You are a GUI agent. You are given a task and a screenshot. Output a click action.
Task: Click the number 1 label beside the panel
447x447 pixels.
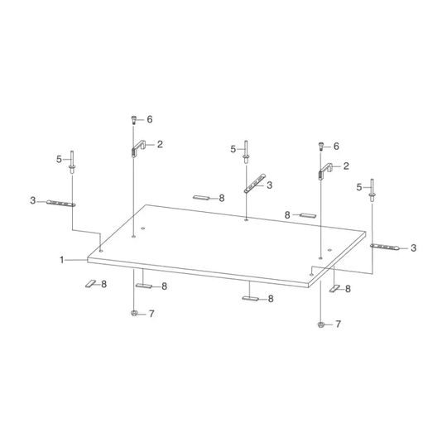coord(61,260)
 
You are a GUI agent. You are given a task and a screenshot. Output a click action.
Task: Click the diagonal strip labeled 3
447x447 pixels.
coord(255,183)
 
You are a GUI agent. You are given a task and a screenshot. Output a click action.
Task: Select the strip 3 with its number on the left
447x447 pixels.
coord(61,203)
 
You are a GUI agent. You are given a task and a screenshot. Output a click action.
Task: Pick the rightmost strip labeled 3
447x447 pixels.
coord(385,247)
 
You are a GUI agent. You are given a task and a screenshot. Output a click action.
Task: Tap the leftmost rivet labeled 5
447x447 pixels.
coord(71,162)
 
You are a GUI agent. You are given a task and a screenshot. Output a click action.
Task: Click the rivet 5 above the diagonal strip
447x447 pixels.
coord(246,152)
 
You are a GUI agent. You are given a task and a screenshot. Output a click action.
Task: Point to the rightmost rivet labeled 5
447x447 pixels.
coord(372,190)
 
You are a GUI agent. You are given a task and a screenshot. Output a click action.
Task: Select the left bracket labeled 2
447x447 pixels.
coord(138,147)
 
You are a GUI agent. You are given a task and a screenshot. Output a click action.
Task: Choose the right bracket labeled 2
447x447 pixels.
coord(324,171)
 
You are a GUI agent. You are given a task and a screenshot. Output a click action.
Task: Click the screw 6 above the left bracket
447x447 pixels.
coord(133,120)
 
